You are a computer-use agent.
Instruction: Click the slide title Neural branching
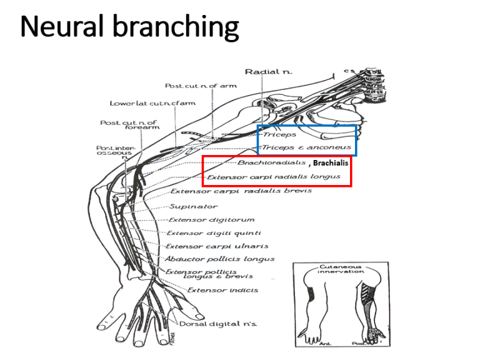[129, 27]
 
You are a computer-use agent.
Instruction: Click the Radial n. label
[268, 72]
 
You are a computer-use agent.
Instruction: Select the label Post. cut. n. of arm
[201, 86]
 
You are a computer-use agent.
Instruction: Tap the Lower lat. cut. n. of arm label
[152, 103]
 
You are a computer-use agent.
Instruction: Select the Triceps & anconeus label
[299, 147]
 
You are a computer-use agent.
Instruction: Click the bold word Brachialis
[331, 162]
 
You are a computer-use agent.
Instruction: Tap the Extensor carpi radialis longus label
[274, 177]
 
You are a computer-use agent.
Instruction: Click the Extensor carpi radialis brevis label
[241, 191]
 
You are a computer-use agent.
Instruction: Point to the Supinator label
[188, 206]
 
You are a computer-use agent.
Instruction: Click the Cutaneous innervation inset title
[341, 269]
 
